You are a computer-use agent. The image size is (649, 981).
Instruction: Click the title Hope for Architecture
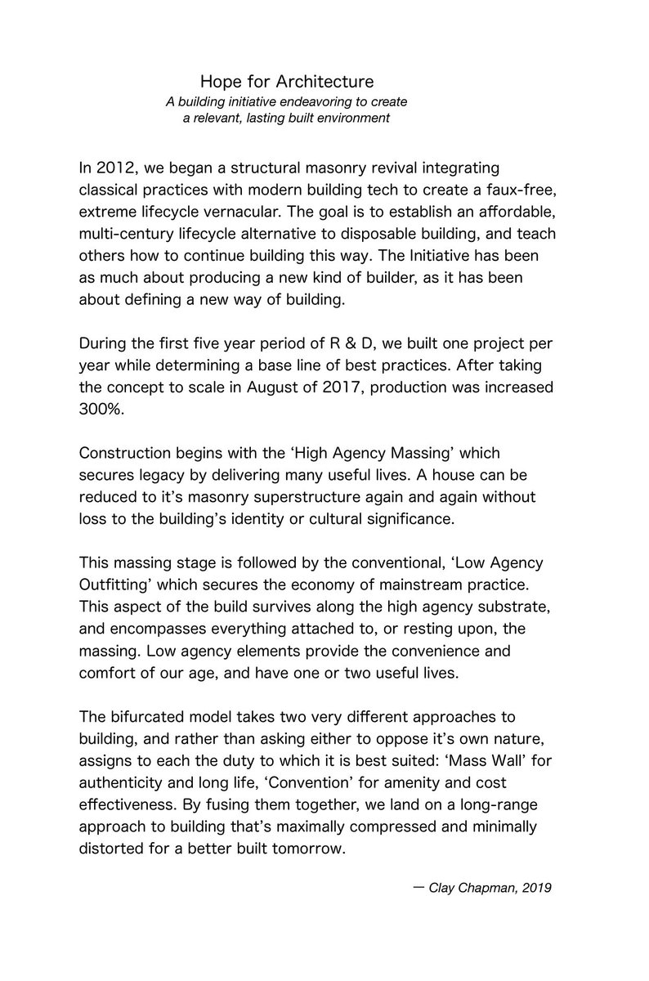coord(287,82)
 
